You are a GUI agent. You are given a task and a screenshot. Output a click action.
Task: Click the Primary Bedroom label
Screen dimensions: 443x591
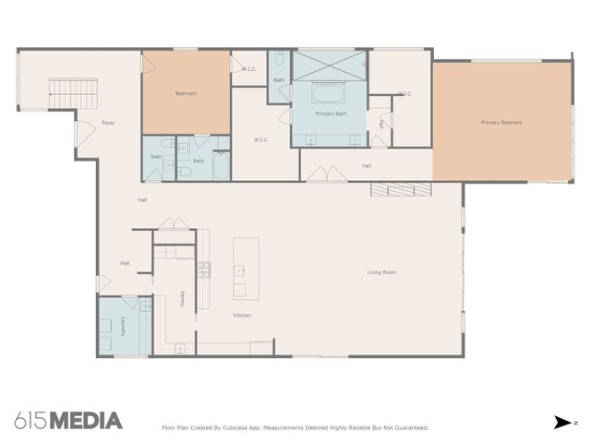[501, 122]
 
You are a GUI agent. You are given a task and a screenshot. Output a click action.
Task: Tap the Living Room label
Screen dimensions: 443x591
[381, 272]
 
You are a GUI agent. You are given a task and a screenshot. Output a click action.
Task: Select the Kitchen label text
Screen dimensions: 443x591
[242, 316]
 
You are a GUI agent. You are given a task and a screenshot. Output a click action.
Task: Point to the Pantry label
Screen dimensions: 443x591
[182, 299]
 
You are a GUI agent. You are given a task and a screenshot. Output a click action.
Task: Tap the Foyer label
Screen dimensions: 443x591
[108, 123]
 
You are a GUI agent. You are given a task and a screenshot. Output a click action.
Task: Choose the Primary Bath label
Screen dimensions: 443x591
[330, 114]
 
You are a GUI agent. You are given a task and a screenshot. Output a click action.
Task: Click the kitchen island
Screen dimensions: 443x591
[245, 269]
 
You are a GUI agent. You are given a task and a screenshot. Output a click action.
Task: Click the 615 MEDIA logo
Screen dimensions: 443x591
[68, 421]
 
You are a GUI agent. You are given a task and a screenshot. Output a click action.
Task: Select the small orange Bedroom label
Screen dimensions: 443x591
[186, 93]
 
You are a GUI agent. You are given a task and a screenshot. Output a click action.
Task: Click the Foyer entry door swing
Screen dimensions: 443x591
[84, 131]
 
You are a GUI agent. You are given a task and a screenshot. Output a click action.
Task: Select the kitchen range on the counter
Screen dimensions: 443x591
[202, 269]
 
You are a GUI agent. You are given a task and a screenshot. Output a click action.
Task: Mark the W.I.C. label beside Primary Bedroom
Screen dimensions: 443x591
[404, 93]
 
